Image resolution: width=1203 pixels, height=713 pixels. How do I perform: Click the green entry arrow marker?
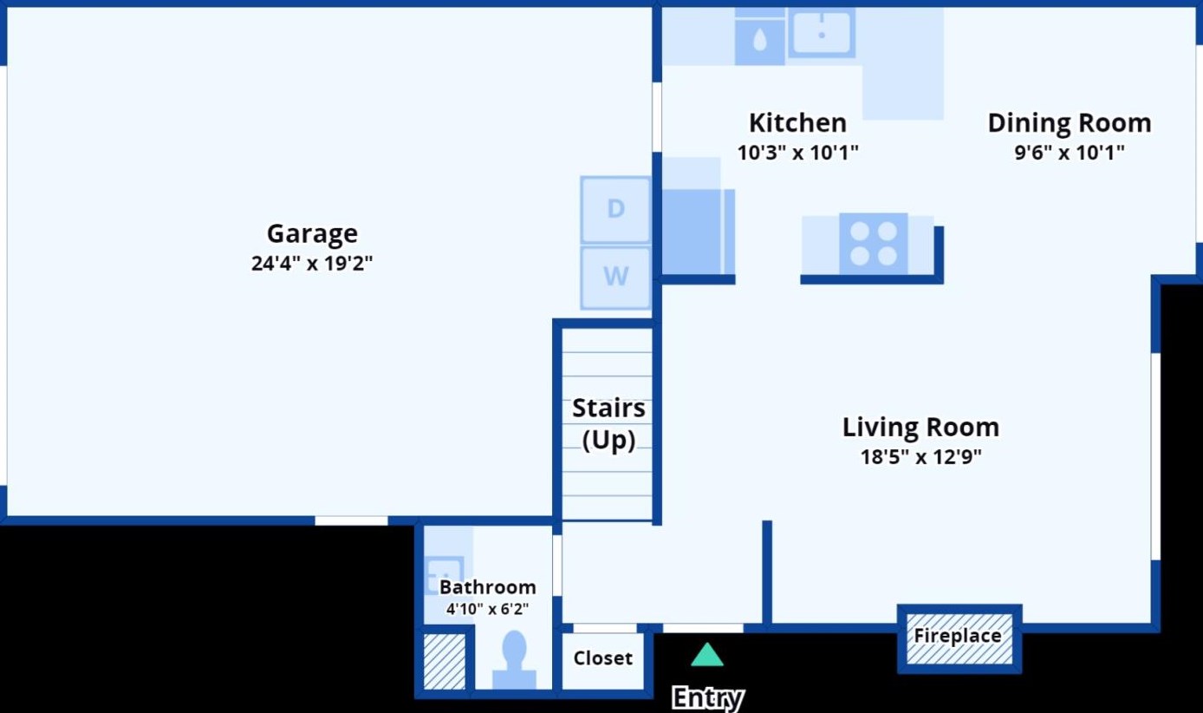click(x=706, y=655)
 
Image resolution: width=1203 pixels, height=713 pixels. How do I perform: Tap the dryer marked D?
click(x=615, y=210)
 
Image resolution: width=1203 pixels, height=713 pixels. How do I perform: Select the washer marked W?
click(x=615, y=278)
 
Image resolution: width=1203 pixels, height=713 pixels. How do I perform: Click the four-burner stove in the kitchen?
click(x=874, y=244)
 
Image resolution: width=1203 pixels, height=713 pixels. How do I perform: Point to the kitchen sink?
click(x=822, y=33)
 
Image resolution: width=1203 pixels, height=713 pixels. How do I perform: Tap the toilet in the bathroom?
click(x=514, y=660)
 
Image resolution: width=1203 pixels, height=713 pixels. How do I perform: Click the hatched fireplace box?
click(x=959, y=638)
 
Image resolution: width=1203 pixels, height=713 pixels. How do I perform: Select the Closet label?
click(x=602, y=658)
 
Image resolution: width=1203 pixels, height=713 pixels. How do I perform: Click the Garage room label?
click(x=312, y=234)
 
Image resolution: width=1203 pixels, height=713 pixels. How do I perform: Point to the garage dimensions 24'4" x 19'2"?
click(x=311, y=264)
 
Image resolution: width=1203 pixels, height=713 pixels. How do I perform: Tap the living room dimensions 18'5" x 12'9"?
click(x=921, y=457)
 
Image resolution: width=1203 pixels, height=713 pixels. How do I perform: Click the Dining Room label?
click(x=1070, y=123)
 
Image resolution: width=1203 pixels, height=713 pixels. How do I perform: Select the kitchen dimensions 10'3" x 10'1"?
click(x=798, y=153)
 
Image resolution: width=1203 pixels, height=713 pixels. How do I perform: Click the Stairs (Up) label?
click(x=608, y=424)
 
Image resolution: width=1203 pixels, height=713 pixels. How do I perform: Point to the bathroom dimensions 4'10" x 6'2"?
click(x=487, y=609)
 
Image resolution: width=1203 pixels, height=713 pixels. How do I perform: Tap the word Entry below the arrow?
click(x=708, y=697)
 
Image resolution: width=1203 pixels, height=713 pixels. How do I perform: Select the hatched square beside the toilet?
click(x=444, y=662)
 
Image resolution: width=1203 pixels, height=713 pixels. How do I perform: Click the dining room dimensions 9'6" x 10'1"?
click(x=1070, y=153)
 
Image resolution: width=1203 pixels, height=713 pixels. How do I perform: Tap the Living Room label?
click(x=920, y=428)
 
